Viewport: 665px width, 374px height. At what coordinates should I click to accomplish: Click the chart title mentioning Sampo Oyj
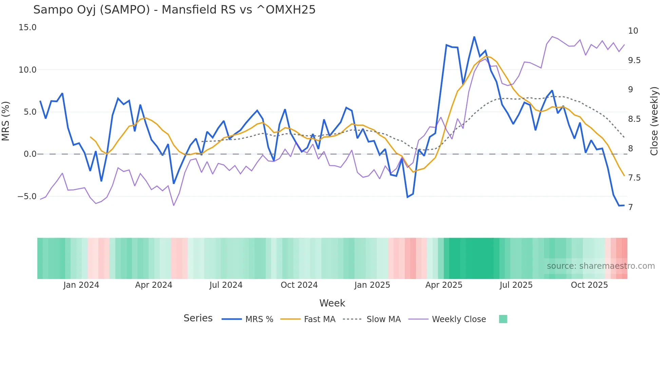click(174, 10)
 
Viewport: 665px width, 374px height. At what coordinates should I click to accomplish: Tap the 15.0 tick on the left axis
click(27, 27)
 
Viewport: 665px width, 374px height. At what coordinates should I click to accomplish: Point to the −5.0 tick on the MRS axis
click(27, 197)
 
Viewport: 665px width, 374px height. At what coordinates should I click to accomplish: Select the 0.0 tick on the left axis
click(30, 154)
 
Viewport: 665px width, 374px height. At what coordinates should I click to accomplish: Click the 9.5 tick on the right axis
click(634, 60)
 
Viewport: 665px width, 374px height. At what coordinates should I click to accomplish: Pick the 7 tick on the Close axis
click(630, 207)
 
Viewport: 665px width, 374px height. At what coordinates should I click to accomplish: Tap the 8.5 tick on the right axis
click(634, 119)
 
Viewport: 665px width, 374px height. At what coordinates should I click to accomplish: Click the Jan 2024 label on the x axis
click(81, 285)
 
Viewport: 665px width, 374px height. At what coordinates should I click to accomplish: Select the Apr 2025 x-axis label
click(444, 285)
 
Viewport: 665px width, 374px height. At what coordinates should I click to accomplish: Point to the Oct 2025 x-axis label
click(589, 285)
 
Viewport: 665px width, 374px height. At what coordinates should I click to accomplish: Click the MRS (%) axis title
click(6, 121)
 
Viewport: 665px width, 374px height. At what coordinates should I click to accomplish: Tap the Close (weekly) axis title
click(654, 121)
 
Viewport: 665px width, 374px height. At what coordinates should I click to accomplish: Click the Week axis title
click(332, 303)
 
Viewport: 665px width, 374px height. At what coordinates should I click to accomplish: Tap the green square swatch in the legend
click(503, 319)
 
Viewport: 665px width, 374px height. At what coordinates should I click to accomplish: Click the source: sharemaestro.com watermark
click(601, 266)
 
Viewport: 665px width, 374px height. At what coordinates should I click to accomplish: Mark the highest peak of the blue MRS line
click(474, 37)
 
